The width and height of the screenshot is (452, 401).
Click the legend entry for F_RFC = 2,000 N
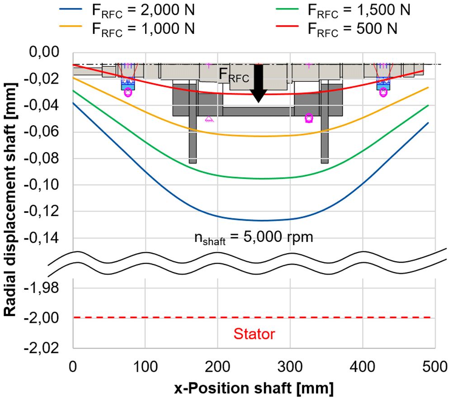tap(127, 10)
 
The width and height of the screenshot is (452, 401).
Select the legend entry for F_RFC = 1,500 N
tap(343, 10)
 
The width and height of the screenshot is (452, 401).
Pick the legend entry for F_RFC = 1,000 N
tap(127, 29)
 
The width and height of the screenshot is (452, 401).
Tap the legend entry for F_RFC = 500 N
tap(336, 29)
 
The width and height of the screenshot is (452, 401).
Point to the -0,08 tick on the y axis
tap(41, 158)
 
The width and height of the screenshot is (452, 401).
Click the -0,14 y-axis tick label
tap(41, 238)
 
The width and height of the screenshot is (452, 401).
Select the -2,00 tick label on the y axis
tap(41, 318)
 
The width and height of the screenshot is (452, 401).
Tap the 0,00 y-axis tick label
tap(44, 52)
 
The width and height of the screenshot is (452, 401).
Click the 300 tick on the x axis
tap(290, 367)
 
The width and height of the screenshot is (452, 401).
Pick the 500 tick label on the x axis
tap(435, 367)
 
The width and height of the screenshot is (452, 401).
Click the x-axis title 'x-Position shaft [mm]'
tap(254, 388)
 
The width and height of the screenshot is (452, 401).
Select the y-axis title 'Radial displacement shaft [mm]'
tap(10, 199)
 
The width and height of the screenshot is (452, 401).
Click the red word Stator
tap(254, 334)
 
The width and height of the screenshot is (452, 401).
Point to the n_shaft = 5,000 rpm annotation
tap(254, 238)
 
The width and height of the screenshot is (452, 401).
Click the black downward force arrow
tap(259, 83)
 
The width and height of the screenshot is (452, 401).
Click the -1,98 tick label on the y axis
tap(41, 288)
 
